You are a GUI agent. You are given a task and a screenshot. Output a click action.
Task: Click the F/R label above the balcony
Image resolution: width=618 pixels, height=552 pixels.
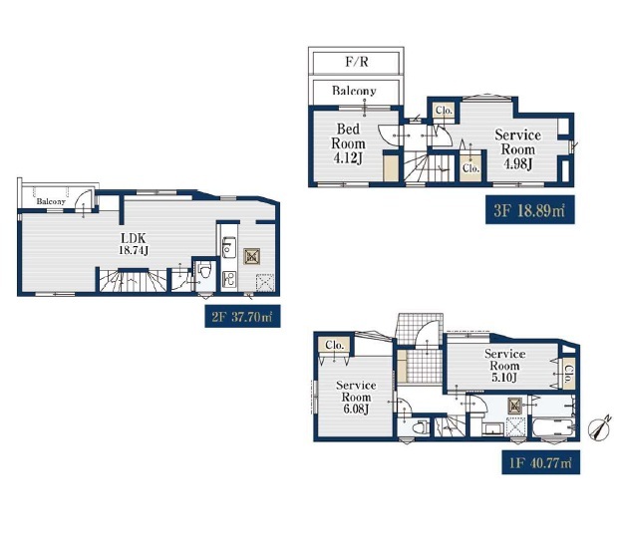pos(357,62)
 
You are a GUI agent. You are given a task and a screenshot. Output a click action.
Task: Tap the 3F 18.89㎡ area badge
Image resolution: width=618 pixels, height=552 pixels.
pos(529,210)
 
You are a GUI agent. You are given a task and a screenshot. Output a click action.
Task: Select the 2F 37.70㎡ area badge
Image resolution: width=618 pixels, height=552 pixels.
pos(242,316)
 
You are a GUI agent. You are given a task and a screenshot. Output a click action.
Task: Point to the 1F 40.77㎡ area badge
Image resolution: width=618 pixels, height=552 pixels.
pos(540,462)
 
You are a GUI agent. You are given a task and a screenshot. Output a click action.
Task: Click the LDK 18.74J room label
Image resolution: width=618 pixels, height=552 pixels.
pos(134,244)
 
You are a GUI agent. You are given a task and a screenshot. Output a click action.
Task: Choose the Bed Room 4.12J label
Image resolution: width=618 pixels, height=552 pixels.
pos(349,143)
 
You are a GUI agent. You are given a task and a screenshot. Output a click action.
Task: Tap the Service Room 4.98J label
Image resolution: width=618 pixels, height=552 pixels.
pos(518,149)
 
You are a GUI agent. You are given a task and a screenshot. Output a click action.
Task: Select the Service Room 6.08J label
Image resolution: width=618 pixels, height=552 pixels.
pos(356,397)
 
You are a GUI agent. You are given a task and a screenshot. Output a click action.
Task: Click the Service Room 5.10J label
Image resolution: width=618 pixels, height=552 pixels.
pos(504,366)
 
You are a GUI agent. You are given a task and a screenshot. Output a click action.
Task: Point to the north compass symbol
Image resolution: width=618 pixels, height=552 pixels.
pos(599,427)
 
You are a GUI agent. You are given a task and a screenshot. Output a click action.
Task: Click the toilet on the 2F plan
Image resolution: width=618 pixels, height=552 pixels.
pos(204,271)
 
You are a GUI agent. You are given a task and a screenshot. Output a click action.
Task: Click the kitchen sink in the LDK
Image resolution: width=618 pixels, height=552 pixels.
pos(228,247)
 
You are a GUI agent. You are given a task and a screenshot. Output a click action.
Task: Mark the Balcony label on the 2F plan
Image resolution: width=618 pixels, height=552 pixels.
pos(51,201)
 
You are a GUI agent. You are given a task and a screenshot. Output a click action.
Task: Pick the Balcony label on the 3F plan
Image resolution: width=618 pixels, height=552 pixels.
pos(354,91)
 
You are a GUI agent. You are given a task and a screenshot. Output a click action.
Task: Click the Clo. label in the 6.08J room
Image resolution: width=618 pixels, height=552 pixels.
pos(335,345)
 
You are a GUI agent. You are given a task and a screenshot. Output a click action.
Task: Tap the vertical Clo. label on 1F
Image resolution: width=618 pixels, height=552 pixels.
pos(568,375)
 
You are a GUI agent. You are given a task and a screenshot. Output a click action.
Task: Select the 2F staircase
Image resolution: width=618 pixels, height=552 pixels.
pos(133,281)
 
